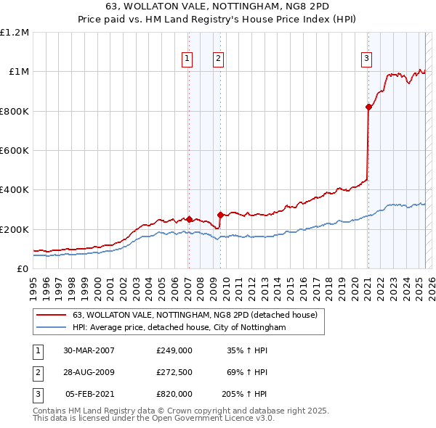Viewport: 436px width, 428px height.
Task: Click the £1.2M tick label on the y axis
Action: [x=15, y=33]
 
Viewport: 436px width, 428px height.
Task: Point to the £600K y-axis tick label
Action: [x=15, y=151]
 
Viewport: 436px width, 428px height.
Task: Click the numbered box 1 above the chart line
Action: [x=187, y=59]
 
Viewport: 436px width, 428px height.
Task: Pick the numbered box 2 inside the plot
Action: [x=218, y=59]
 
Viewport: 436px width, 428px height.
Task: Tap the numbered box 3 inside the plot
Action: [x=367, y=59]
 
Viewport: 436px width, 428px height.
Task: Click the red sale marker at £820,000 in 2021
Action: [x=368, y=107]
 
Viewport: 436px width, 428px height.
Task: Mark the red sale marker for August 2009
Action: [x=220, y=215]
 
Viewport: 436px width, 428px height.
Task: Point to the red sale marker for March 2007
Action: [x=189, y=219]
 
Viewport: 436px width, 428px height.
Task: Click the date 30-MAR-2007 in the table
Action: [x=89, y=350]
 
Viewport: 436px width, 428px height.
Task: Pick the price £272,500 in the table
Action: [x=174, y=372]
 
